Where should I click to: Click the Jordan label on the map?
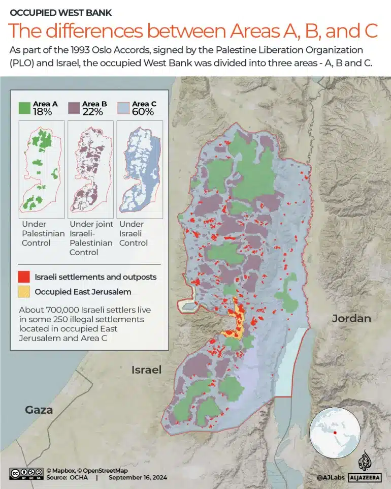pyautogui.click(x=351, y=319)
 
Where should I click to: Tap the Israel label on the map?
pyautogui.click(x=146, y=370)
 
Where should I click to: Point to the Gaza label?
pyautogui.click(x=39, y=410)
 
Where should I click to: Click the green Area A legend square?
pyautogui.click(x=25, y=108)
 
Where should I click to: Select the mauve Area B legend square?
pyautogui.click(x=74, y=108)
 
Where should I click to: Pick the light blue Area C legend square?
pyautogui.click(x=123, y=108)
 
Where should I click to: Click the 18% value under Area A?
pyautogui.click(x=43, y=112)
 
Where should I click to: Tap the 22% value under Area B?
pyautogui.click(x=92, y=112)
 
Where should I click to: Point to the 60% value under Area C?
pyautogui.click(x=143, y=112)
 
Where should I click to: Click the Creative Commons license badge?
pyautogui.click(x=25, y=474)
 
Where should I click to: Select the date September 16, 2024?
pyautogui.click(x=138, y=478)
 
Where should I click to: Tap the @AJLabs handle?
pyautogui.click(x=331, y=478)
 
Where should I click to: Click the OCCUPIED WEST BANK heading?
pyautogui.click(x=61, y=12)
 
